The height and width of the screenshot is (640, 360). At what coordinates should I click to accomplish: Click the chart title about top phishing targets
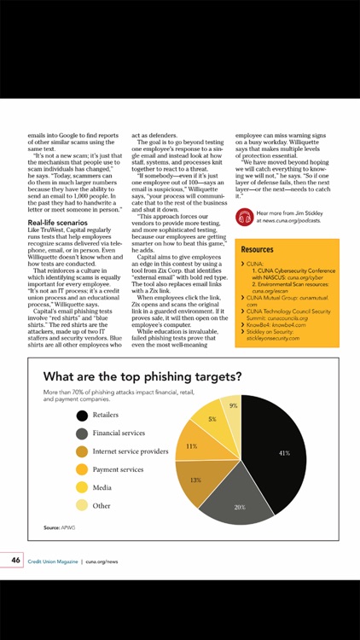tap(142, 375)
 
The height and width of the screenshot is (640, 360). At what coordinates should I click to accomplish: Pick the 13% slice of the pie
tap(195, 479)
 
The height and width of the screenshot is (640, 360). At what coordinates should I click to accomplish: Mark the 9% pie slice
tap(231, 408)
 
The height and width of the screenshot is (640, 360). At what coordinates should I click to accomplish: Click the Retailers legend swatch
tap(81, 416)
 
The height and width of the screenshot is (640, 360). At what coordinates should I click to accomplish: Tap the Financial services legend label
tap(119, 433)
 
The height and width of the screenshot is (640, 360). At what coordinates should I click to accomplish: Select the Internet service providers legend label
tap(131, 451)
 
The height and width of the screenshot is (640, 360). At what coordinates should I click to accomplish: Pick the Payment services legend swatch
tap(81, 469)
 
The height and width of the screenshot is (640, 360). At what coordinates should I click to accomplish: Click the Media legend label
tap(102, 487)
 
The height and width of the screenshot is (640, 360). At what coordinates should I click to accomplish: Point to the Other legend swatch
tap(81, 505)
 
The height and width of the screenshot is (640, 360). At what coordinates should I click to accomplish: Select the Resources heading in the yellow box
tap(257, 250)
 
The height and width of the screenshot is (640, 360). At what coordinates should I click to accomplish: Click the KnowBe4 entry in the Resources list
tap(278, 325)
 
